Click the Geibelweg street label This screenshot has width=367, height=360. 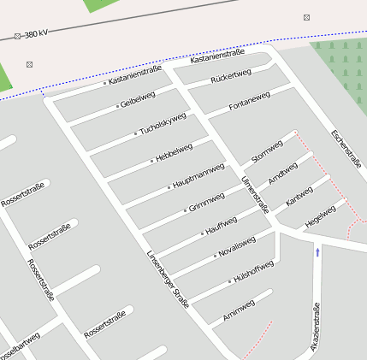(x=138, y=99)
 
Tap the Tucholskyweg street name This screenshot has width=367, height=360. (x=163, y=124)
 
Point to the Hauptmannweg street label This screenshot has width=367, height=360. (x=198, y=175)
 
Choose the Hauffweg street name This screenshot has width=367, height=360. (x=222, y=226)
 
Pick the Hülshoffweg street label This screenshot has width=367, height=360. (x=253, y=271)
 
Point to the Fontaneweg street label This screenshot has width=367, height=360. (x=250, y=102)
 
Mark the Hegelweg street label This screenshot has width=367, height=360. (x=320, y=216)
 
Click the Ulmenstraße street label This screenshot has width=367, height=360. (x=255, y=195)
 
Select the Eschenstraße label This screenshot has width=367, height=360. (x=346, y=149)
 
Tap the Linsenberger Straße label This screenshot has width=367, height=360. (x=167, y=278)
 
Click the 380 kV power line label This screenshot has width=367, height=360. (x=35, y=35)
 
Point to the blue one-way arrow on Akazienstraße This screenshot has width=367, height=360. (x=317, y=252)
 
